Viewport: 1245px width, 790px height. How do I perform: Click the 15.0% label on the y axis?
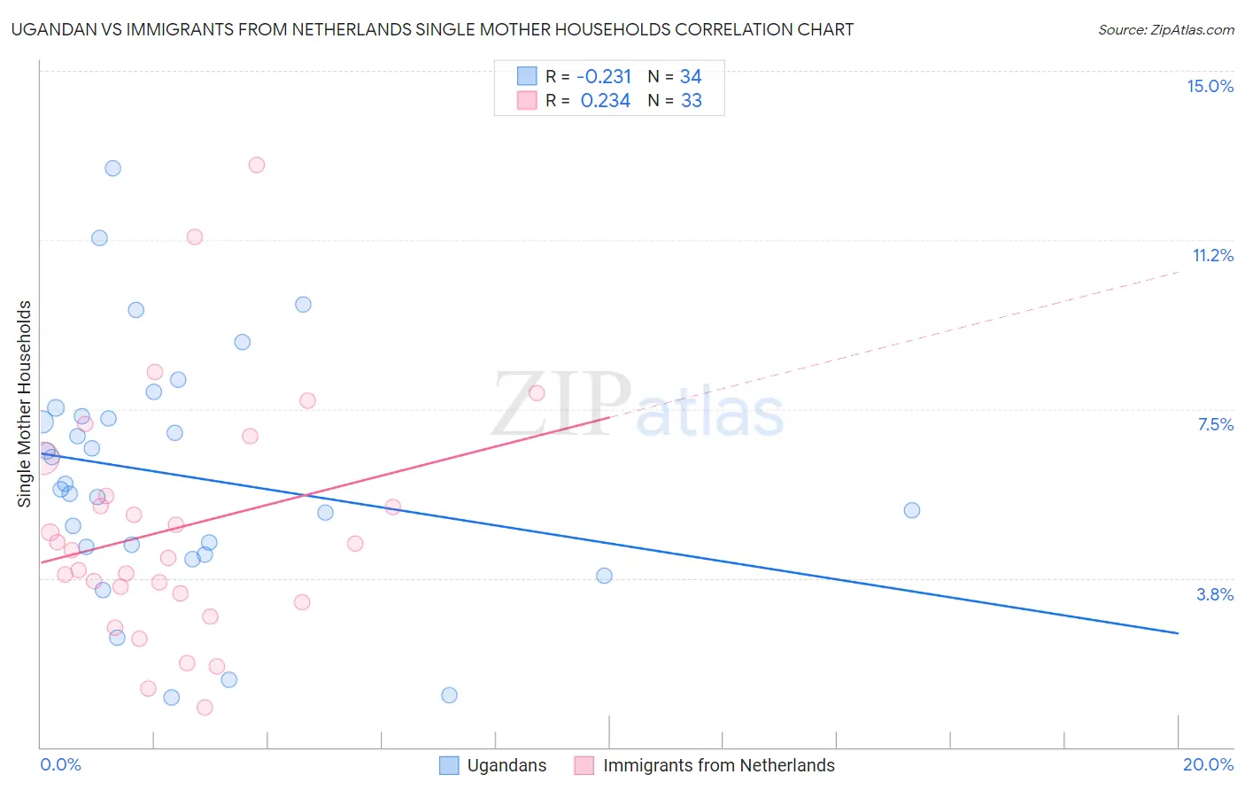click(1210, 86)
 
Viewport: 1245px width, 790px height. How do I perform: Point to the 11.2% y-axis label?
click(1212, 255)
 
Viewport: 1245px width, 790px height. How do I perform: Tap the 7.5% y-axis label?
click(1215, 424)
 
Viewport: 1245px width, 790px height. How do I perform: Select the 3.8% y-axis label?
click(1215, 594)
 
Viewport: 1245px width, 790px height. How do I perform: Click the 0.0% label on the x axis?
click(60, 764)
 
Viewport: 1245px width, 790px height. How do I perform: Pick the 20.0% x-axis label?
click(1208, 764)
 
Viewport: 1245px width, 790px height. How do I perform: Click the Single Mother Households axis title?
click(25, 404)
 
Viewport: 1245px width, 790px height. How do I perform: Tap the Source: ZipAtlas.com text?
click(1165, 29)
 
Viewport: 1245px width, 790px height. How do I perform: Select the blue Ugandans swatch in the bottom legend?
click(449, 765)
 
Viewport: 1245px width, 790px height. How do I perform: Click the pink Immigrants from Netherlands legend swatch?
click(584, 765)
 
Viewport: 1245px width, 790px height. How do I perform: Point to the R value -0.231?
click(604, 77)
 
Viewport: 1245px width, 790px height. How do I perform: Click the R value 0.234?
click(606, 101)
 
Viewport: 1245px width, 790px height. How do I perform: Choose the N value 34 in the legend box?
click(691, 77)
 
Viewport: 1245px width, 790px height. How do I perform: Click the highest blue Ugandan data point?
click(112, 168)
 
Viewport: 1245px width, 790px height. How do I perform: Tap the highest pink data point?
click(257, 165)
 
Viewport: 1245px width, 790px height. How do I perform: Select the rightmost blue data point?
click(912, 510)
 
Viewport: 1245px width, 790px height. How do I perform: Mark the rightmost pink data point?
click(537, 393)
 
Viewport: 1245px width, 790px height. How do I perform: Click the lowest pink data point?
click(205, 707)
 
